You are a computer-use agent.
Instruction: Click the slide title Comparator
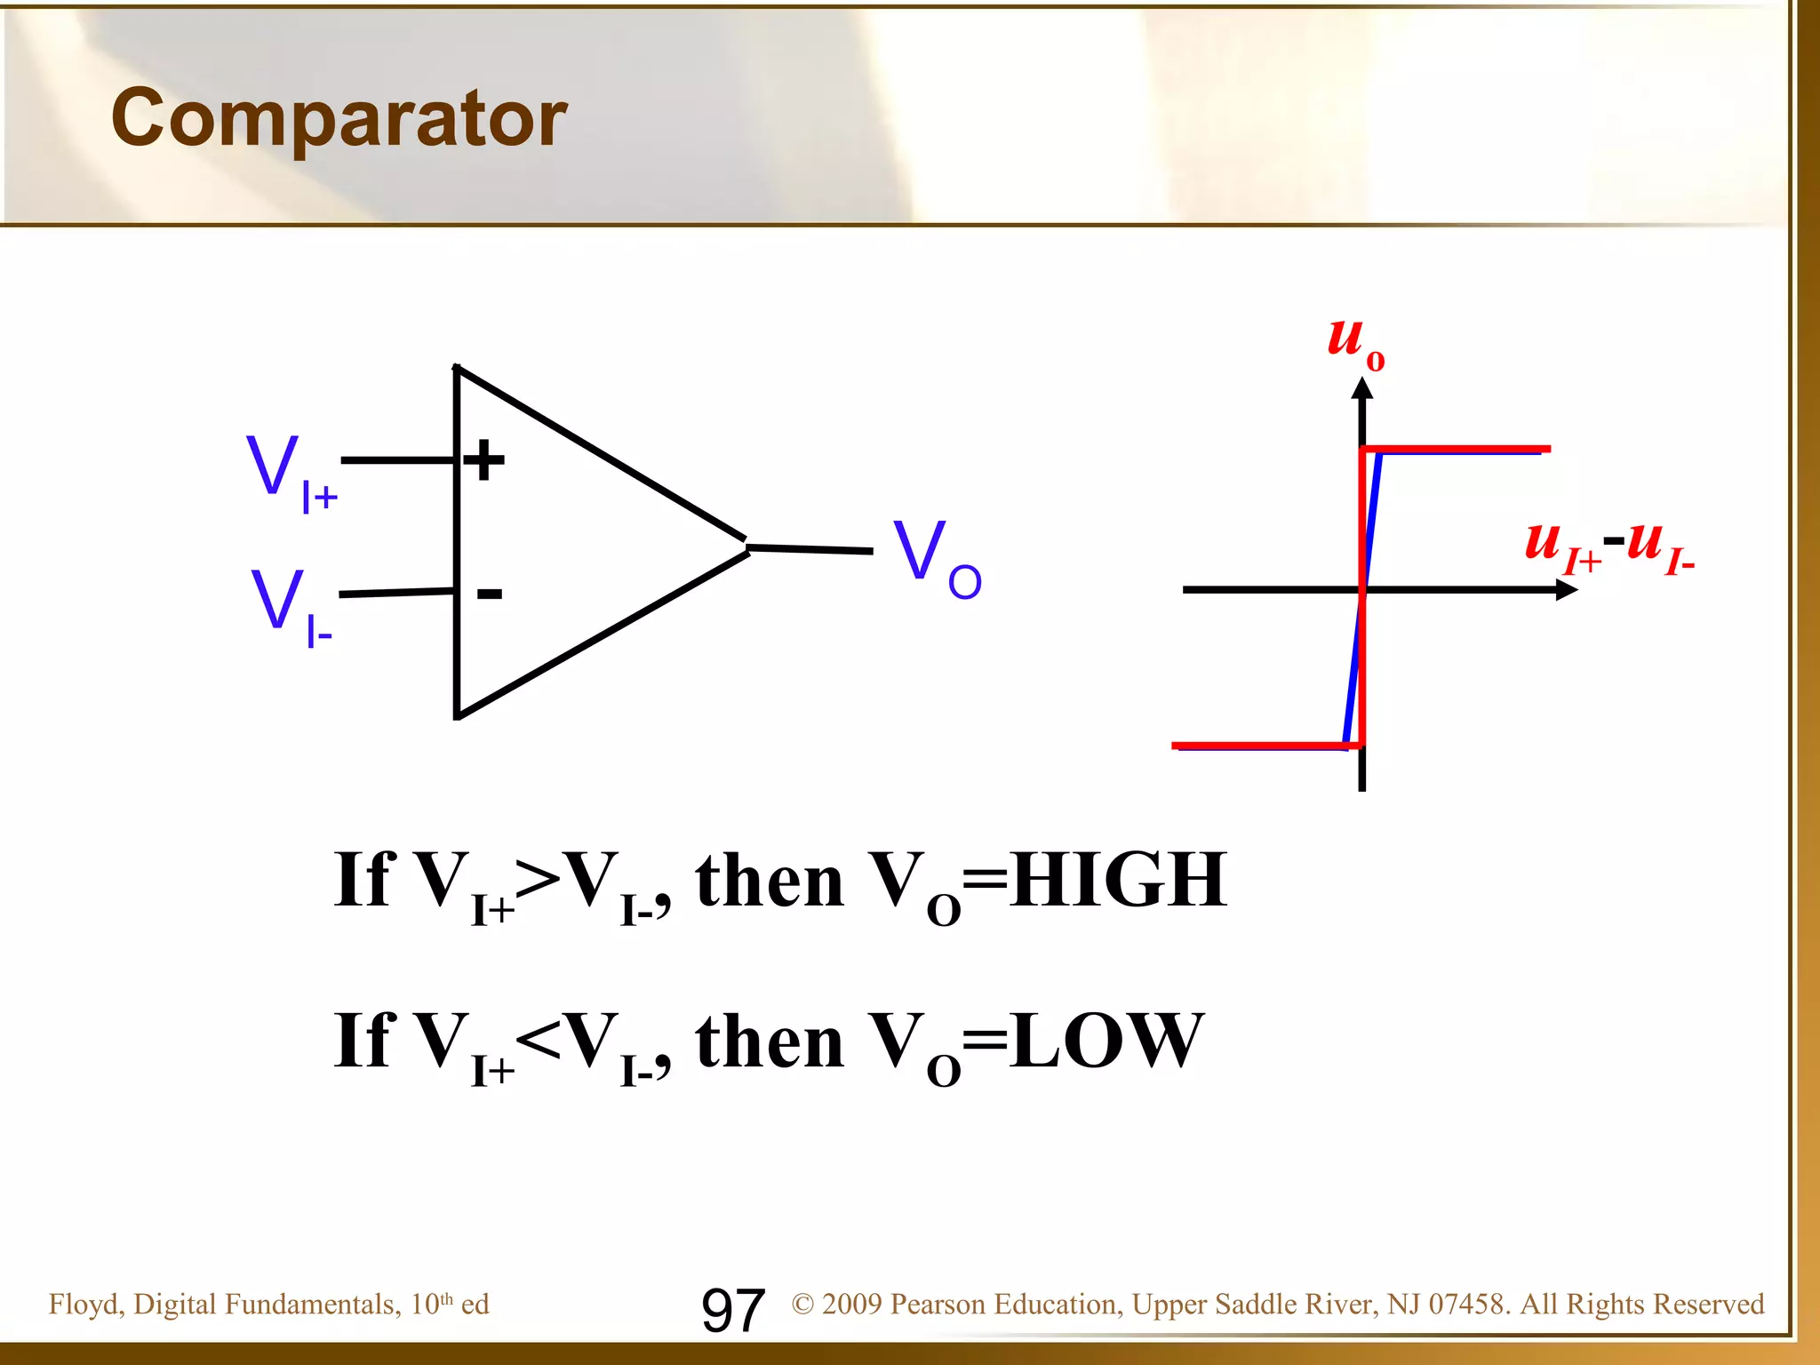339,119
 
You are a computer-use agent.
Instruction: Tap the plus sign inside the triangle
484,460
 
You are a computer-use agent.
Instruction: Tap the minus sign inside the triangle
490,594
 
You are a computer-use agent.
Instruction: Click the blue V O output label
937,558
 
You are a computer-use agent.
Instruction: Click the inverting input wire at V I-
395,592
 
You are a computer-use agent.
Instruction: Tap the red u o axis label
1354,342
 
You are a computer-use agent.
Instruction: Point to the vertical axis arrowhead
1361,389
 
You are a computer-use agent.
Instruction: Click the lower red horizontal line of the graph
1262,745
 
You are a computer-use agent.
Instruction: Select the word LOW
1107,1042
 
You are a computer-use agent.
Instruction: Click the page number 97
732,1310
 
